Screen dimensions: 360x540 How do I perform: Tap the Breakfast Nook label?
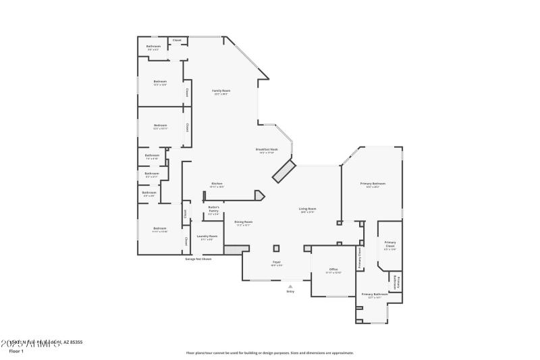pyautogui.click(x=268, y=151)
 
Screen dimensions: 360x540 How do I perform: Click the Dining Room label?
pyautogui.click(x=243, y=223)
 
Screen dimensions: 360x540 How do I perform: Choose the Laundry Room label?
pyautogui.click(x=207, y=237)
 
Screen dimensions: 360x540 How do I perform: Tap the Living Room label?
pyautogui.click(x=308, y=210)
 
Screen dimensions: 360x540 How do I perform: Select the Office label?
pyautogui.click(x=333, y=270)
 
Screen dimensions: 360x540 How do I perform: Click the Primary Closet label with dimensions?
pyautogui.click(x=390, y=245)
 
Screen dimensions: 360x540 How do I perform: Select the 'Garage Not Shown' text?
pyautogui.click(x=198, y=259)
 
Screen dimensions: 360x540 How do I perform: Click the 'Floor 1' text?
pyautogui.click(x=16, y=351)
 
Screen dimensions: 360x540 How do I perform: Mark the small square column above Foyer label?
pyautogui.click(x=276, y=247)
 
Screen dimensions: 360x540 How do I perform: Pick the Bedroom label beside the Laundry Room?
pyautogui.click(x=159, y=230)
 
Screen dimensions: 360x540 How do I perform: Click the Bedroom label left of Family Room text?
pyautogui.click(x=160, y=82)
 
